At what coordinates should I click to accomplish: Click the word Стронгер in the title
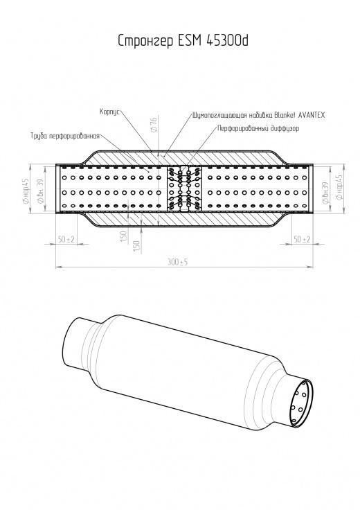tap(145, 42)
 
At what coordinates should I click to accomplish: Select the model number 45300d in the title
tap(228, 40)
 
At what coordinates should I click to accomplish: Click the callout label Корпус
tap(110, 112)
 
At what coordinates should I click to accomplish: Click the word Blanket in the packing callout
tap(285, 115)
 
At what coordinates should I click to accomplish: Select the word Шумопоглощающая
tap(220, 115)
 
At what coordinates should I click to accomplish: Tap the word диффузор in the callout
tap(285, 128)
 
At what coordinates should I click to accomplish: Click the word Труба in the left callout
tap(39, 136)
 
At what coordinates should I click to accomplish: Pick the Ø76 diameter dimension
tap(154, 125)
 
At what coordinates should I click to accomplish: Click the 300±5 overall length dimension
tap(178, 262)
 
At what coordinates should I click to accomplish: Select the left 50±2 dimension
tap(66, 239)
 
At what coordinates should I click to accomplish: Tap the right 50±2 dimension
tap(302, 239)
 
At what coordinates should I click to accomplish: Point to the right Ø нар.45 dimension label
tap(339, 187)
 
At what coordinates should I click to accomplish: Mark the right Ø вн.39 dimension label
tap(326, 193)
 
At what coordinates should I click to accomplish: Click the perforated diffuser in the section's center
tap(184, 189)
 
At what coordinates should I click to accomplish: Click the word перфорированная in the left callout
tap(74, 136)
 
